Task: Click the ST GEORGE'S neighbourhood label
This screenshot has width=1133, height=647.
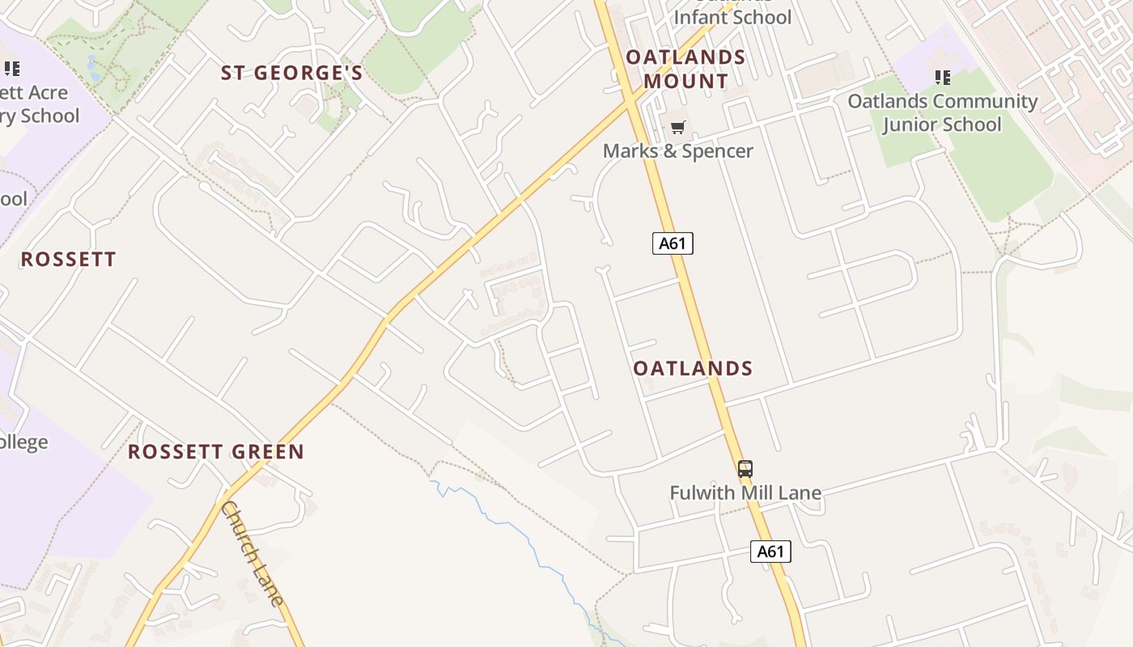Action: point(292,73)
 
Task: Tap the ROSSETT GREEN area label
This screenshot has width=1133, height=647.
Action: point(216,451)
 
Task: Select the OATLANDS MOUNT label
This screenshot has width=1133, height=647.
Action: point(685,69)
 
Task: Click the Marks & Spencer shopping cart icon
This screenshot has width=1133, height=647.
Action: point(678,127)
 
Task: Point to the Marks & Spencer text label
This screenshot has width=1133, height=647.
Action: point(678,151)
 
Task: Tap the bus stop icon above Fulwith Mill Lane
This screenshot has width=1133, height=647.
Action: point(745,468)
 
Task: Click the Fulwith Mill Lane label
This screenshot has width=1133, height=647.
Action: point(745,493)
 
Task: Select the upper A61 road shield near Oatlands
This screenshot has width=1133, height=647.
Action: point(673,243)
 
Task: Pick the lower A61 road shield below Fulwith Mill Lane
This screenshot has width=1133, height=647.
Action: point(770,552)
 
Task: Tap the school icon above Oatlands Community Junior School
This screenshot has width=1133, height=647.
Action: point(942,78)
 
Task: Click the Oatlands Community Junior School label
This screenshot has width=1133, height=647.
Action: point(942,112)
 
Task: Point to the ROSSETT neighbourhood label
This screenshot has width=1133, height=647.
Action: point(69,259)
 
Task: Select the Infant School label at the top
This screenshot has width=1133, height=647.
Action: point(732,17)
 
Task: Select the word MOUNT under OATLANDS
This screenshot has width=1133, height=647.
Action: point(685,82)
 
